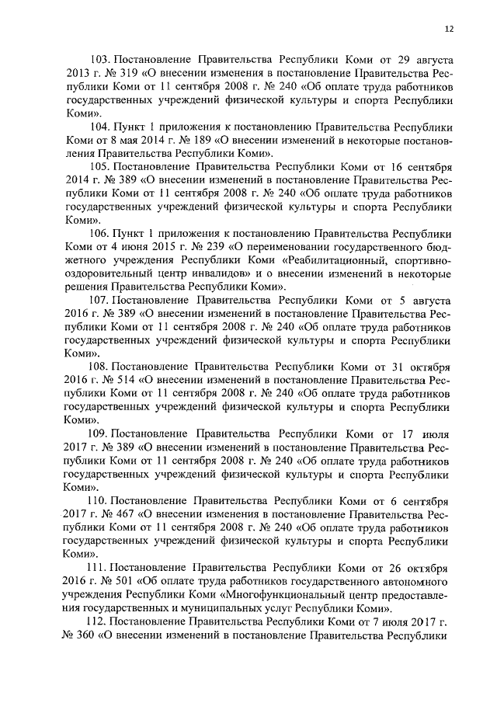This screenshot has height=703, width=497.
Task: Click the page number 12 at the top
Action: coord(449,30)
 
